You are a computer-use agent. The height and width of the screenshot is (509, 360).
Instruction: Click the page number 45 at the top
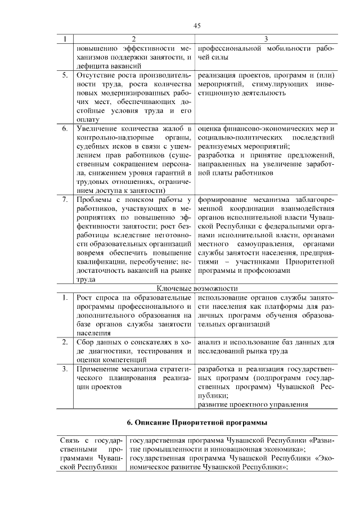197,25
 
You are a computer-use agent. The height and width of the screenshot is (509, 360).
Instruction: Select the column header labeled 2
133,39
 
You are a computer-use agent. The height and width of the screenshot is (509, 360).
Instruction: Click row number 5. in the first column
65,75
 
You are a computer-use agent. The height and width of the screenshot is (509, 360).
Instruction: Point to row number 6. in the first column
65,129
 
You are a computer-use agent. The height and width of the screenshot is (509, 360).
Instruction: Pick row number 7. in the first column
65,199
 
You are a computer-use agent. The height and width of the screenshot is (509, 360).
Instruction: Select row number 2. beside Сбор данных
65,342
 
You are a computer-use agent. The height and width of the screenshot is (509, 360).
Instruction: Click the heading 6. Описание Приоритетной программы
196,422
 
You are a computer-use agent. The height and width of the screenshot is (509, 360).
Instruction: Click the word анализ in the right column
210,342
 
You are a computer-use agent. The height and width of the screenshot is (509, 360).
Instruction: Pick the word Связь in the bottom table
70,440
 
